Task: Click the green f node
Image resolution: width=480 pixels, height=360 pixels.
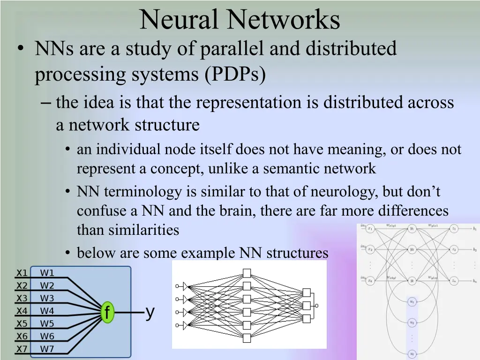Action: [107, 312]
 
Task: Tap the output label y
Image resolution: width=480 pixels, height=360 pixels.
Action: [150, 312]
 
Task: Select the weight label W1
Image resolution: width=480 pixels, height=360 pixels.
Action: [47, 273]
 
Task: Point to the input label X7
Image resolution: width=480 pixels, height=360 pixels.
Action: [22, 349]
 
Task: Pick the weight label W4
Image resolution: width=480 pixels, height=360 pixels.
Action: [47, 311]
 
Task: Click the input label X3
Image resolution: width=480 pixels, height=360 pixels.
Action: [22, 298]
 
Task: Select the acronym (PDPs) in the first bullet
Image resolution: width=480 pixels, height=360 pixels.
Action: [235, 75]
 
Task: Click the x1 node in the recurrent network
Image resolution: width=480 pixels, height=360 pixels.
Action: [370, 229]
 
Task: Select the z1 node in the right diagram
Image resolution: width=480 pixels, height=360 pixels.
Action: [454, 229]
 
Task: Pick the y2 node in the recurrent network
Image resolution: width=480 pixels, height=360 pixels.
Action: [412, 249]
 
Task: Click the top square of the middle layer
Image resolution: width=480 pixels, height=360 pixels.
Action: [247, 273]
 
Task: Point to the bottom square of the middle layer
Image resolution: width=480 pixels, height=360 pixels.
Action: [247, 337]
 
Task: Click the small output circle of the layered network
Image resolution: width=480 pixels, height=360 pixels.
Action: [316, 306]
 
